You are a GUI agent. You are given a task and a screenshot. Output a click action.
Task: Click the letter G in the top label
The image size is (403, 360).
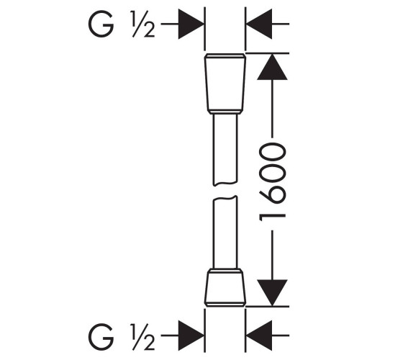point(101,24)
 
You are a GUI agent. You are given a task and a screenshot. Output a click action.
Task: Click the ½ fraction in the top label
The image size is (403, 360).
point(144,24)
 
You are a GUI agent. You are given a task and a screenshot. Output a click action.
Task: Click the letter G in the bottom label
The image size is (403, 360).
point(101,337)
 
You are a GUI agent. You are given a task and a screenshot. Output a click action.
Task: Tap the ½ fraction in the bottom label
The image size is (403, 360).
point(144,337)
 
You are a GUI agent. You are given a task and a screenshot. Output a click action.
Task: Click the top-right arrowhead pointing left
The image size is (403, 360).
point(259,24)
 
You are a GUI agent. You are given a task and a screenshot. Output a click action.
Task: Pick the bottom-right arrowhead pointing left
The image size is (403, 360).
point(259,336)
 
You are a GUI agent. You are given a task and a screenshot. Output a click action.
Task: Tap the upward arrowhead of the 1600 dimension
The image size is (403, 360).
point(272,66)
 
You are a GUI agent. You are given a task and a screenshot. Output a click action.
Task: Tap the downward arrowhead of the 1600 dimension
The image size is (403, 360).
point(272,293)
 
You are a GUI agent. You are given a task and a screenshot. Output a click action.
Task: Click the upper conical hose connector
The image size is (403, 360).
point(225,84)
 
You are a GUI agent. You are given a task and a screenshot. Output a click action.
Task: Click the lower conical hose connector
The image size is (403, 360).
point(225,287)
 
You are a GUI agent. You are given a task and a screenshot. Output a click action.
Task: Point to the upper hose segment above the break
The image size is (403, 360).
point(225,150)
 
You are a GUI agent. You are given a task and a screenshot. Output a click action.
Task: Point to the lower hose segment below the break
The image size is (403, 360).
point(225,232)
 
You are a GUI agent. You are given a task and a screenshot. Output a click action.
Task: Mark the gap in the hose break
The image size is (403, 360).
point(225,191)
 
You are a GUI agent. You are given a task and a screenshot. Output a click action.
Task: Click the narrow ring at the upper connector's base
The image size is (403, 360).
point(225,112)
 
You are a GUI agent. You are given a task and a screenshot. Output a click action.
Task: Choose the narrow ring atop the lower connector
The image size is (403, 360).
point(225,271)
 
